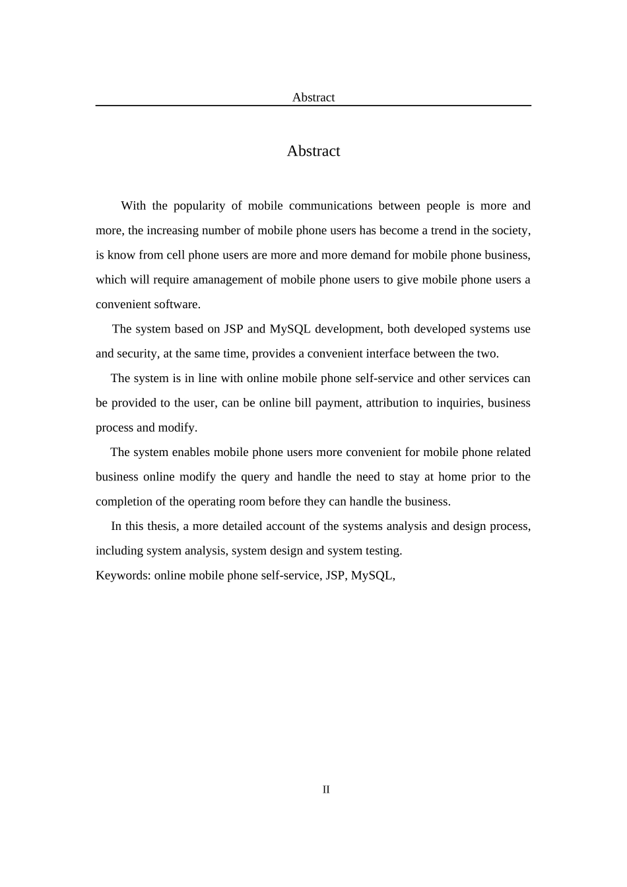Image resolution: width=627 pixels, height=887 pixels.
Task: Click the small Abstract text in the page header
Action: point(313,98)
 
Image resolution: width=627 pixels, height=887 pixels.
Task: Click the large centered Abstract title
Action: point(313,151)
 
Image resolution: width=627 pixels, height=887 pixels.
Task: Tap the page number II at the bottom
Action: point(326,789)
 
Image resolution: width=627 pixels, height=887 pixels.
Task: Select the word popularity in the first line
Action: point(199,206)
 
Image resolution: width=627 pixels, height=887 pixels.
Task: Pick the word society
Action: point(510,230)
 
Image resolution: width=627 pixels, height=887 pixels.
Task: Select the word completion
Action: point(123,502)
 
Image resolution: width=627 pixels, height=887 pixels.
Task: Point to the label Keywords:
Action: point(123,575)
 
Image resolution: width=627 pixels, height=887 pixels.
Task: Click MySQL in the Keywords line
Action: point(372,575)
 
